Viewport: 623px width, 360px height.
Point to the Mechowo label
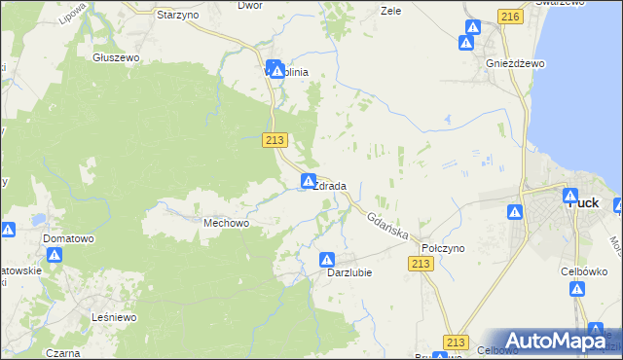pyautogui.click(x=226, y=223)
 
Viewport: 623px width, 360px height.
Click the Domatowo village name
pyautogui.click(x=67, y=237)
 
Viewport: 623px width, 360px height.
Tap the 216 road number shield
pyautogui.click(x=509, y=17)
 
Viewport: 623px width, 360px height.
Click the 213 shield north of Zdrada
pyautogui.click(x=275, y=140)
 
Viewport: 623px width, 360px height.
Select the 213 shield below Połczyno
pyautogui.click(x=421, y=264)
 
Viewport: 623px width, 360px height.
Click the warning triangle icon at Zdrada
pyautogui.click(x=309, y=181)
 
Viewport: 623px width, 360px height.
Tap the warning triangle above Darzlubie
pyautogui.click(x=327, y=260)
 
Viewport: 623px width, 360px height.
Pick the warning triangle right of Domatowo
pyautogui.click(x=55, y=256)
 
